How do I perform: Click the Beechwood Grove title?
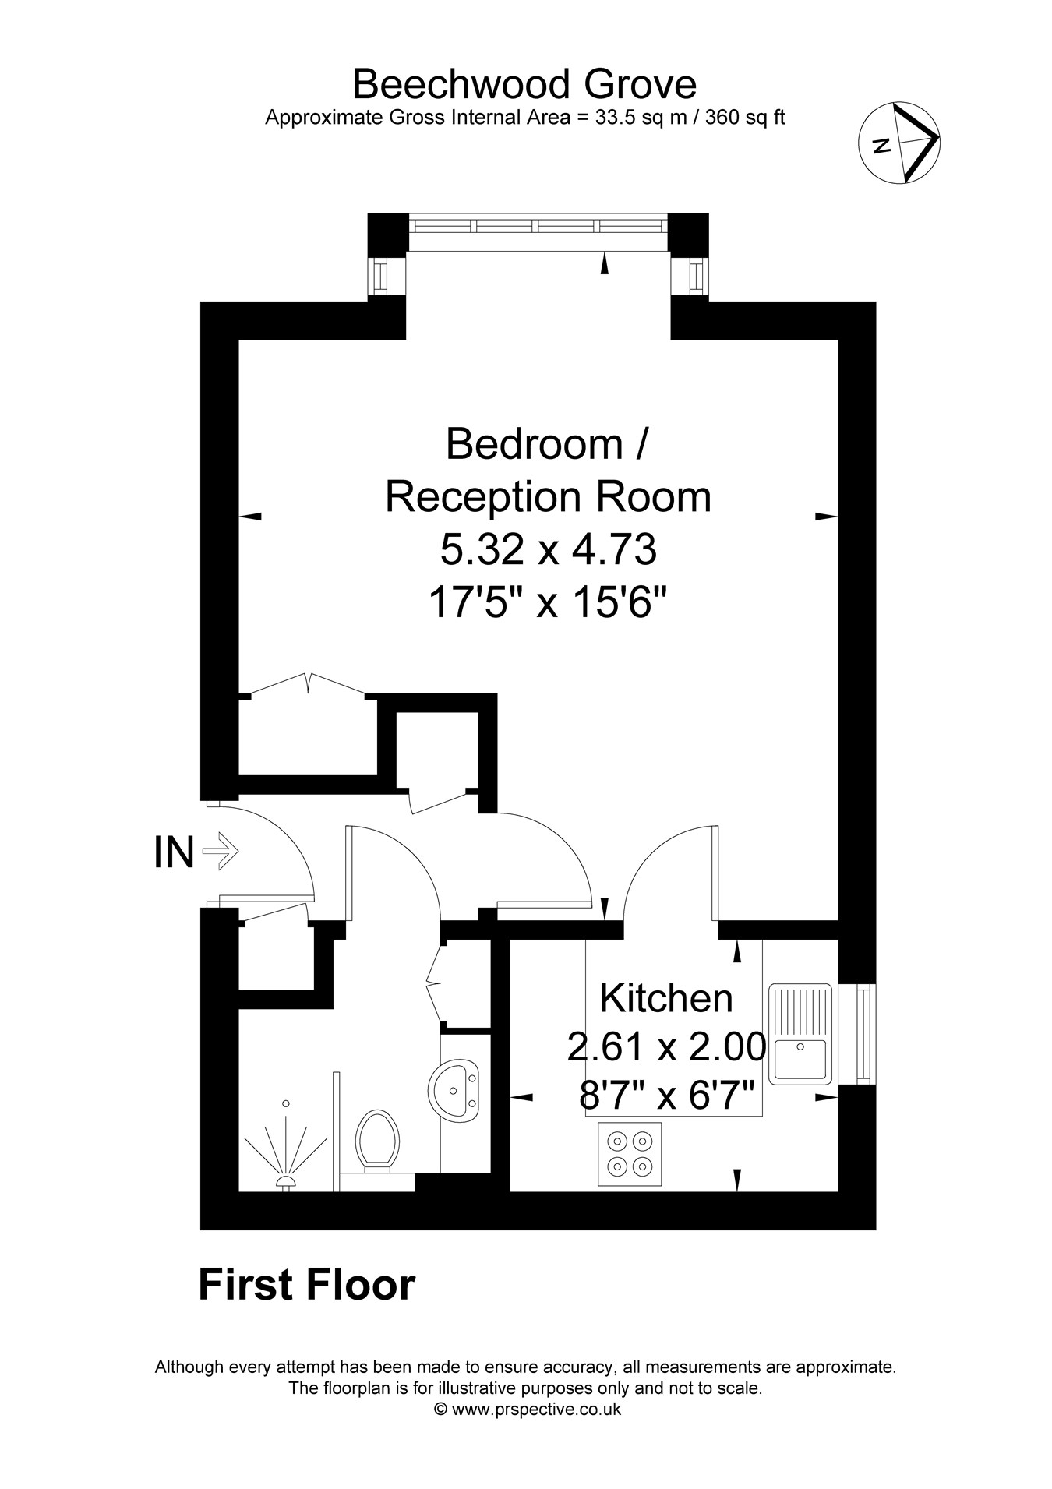tap(524, 84)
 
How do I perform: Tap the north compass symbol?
tap(899, 143)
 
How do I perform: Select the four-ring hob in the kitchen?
tap(630, 1154)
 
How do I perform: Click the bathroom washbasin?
tap(454, 1089)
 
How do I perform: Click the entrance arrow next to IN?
tap(221, 851)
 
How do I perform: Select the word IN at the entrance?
tap(174, 852)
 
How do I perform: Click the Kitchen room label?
tap(666, 998)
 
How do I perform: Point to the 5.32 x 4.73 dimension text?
tap(549, 550)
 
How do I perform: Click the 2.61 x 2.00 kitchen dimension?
tap(666, 1047)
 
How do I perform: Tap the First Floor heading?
tap(307, 1285)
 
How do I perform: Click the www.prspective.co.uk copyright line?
tap(527, 1409)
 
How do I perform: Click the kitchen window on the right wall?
tap(863, 1034)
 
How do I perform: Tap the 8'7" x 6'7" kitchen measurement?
tap(666, 1097)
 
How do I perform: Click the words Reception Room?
tap(549, 497)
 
